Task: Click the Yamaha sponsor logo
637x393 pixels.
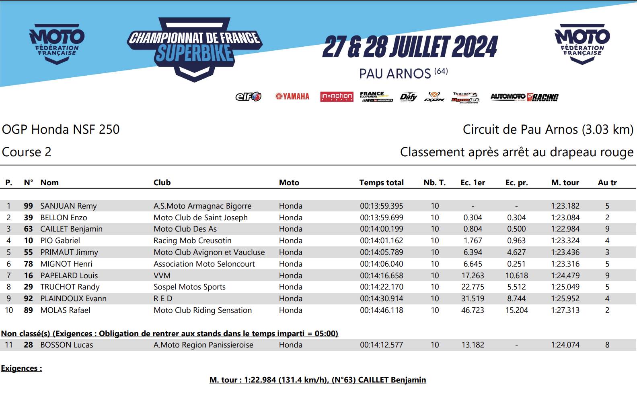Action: point(292,97)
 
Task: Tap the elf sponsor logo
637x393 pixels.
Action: point(248,97)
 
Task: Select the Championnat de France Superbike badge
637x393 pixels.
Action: point(195,48)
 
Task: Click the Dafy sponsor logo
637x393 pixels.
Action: point(408,97)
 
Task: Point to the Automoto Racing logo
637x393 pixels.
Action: point(524,97)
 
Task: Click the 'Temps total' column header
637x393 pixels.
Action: point(381,183)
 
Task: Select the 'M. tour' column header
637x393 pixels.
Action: point(565,183)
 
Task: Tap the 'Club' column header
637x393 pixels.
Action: point(162,183)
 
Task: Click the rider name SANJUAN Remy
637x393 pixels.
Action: point(68,206)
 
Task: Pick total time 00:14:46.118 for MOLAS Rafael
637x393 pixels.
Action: point(381,310)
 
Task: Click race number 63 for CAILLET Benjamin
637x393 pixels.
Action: point(28,229)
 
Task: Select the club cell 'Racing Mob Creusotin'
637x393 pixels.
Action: point(192,241)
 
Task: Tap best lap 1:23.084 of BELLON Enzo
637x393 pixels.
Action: point(565,218)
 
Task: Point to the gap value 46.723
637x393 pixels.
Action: point(473,310)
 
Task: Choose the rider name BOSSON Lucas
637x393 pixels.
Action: point(66,345)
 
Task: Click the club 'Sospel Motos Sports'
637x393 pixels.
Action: point(189,287)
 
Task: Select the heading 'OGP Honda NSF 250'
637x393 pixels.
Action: point(61,130)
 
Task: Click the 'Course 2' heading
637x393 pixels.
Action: point(27,152)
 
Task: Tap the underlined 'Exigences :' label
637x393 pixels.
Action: point(21,368)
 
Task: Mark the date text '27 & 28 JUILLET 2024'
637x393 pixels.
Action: point(410,47)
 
